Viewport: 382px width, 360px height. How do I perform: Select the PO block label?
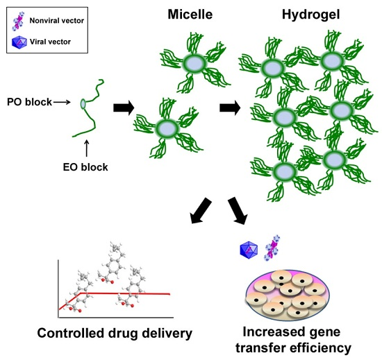tap(28, 102)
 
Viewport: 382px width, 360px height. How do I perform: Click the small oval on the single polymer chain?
tap(83, 104)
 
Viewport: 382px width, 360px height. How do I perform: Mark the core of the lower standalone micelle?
tap(166, 129)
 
